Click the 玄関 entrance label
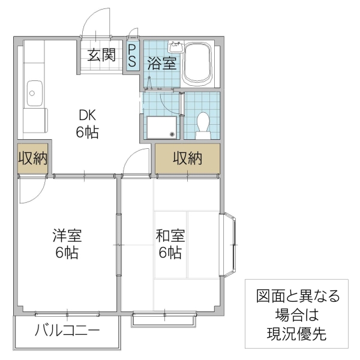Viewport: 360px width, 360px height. tap(102, 55)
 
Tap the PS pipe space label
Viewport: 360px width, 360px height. tap(132, 56)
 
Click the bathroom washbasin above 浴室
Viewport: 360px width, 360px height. tap(176, 46)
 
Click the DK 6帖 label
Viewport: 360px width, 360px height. tap(88, 124)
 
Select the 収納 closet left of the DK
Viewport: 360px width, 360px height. tap(32, 160)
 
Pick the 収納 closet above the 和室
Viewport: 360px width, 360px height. tap(187, 158)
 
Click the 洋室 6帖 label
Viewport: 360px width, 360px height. tap(67, 244)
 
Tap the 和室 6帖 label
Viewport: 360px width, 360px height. tap(170, 244)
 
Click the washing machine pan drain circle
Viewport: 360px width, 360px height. tap(172, 134)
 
